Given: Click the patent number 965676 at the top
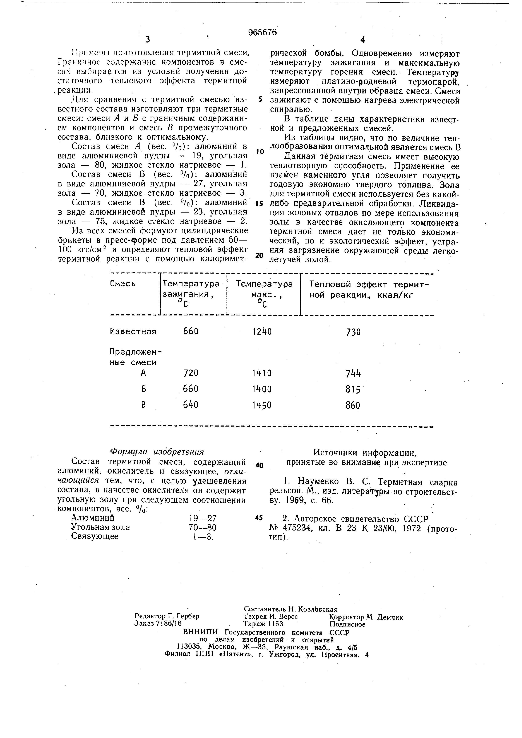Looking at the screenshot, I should point(262,32).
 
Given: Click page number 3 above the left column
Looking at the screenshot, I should point(148,40).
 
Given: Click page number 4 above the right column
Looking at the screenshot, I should point(363,40).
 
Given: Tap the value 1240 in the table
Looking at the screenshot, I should point(262,331).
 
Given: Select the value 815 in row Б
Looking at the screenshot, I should point(353,390).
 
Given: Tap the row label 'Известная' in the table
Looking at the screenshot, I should point(133,331).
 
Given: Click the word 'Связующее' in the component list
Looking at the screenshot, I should point(95,536).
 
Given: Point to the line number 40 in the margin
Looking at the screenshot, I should point(260,465).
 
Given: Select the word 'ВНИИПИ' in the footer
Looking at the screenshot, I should point(200,632).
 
